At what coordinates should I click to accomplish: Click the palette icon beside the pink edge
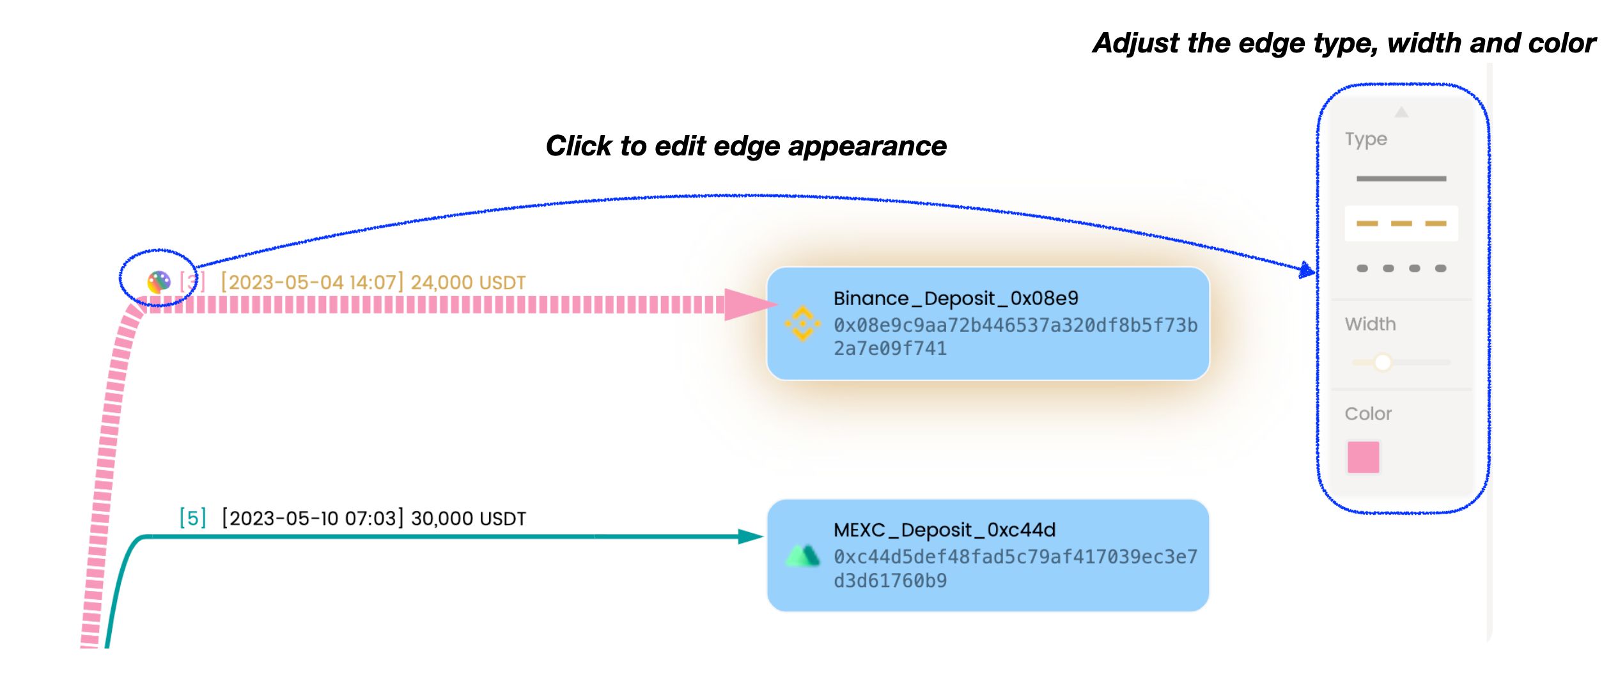(x=159, y=281)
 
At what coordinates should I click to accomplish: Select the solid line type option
(x=1401, y=178)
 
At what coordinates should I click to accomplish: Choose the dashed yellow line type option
(x=1401, y=223)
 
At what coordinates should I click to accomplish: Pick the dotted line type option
(x=1401, y=268)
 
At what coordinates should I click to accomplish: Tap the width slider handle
(x=1383, y=363)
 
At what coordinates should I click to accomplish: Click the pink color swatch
(x=1363, y=457)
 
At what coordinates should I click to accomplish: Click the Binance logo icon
(x=802, y=324)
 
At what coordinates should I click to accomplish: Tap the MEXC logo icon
(x=802, y=555)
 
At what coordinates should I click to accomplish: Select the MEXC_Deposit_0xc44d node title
(x=944, y=530)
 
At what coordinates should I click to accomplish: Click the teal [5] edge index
(x=192, y=517)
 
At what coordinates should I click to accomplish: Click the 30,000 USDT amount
(x=468, y=518)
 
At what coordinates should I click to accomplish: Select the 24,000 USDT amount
(x=468, y=283)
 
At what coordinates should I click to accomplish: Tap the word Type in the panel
(x=1366, y=139)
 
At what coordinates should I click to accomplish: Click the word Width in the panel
(x=1370, y=324)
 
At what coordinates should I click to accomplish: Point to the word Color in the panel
(x=1368, y=414)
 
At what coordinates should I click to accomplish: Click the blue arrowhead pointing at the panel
(x=1307, y=270)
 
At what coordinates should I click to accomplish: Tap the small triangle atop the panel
(x=1401, y=112)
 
